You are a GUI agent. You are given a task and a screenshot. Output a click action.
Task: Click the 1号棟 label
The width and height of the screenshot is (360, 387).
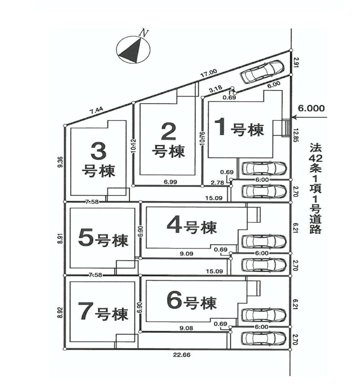coord(239,128)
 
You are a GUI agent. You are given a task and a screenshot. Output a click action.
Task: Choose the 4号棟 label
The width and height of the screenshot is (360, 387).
coord(192,226)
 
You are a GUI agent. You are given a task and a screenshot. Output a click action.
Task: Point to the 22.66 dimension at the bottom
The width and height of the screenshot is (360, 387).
coord(182,355)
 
